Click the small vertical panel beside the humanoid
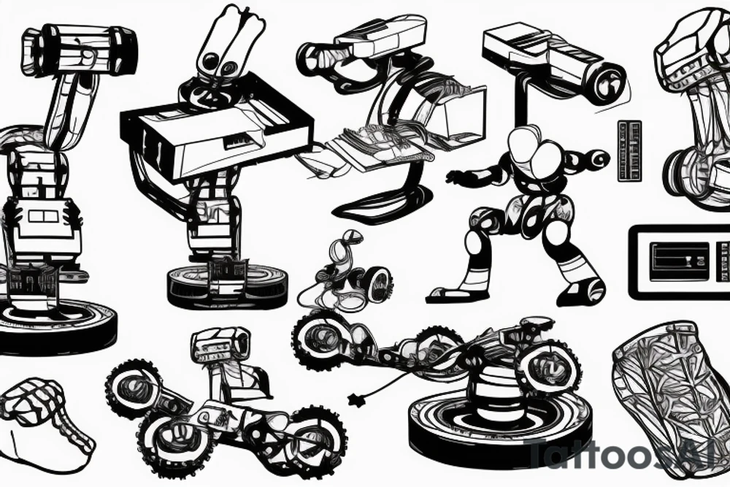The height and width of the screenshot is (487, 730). [629, 150]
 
